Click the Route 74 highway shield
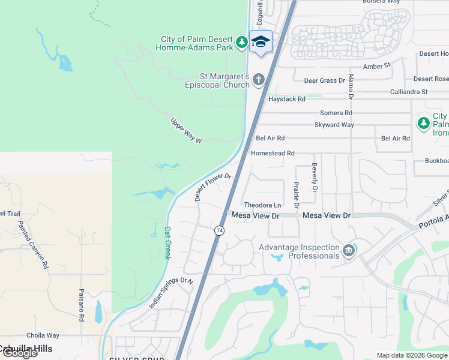tap(219, 230)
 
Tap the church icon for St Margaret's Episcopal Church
tap(259, 79)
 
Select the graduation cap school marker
tap(261, 41)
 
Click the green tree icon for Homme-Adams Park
tap(241, 42)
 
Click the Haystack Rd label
tap(287, 99)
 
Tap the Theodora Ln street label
tap(262, 205)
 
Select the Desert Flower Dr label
tap(212, 188)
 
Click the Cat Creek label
tap(167, 242)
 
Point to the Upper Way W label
tap(187, 131)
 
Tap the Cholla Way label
tap(42, 335)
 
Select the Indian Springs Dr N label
tap(171, 293)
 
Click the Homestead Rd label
tap(273, 154)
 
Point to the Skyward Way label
tap(334, 125)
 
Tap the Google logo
tap(20, 353)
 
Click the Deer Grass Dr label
tap(325, 80)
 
